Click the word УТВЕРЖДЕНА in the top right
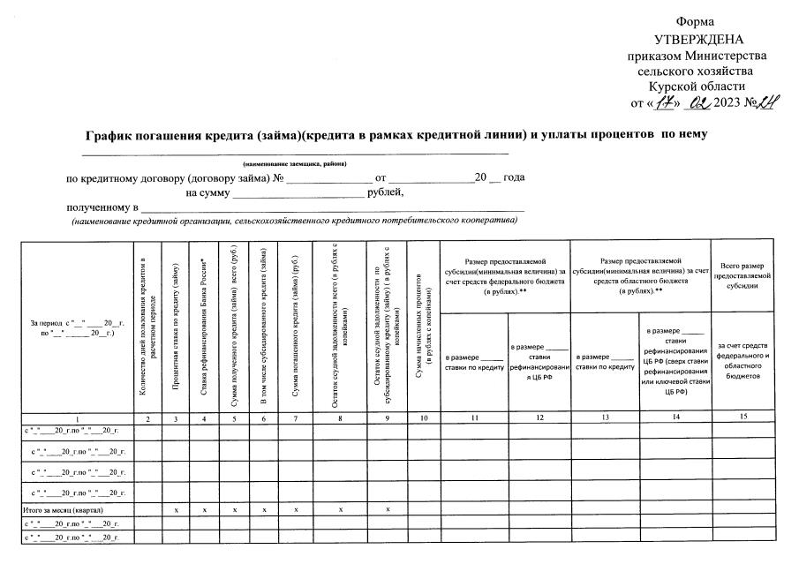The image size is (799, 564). tap(699, 39)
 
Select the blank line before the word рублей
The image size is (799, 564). tap(297, 192)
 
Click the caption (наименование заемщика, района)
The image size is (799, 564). tap(295, 164)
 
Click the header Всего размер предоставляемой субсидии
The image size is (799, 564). tap(742, 275)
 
